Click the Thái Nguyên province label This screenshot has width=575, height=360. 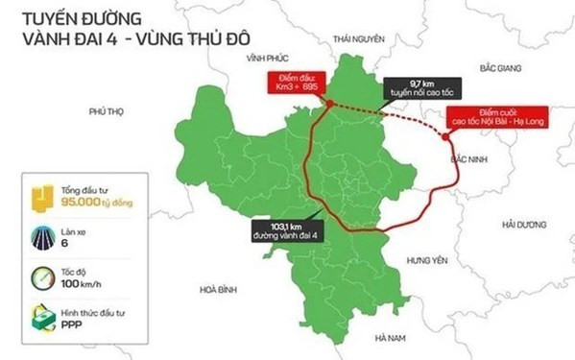pos(358,38)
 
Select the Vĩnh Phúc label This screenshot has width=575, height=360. pos(267,60)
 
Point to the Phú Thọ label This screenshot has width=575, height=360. pos(108,112)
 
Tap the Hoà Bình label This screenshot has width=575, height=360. pos(219,289)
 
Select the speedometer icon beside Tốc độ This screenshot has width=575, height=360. pos(43,276)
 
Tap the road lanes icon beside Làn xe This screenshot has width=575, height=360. pos(43,237)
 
